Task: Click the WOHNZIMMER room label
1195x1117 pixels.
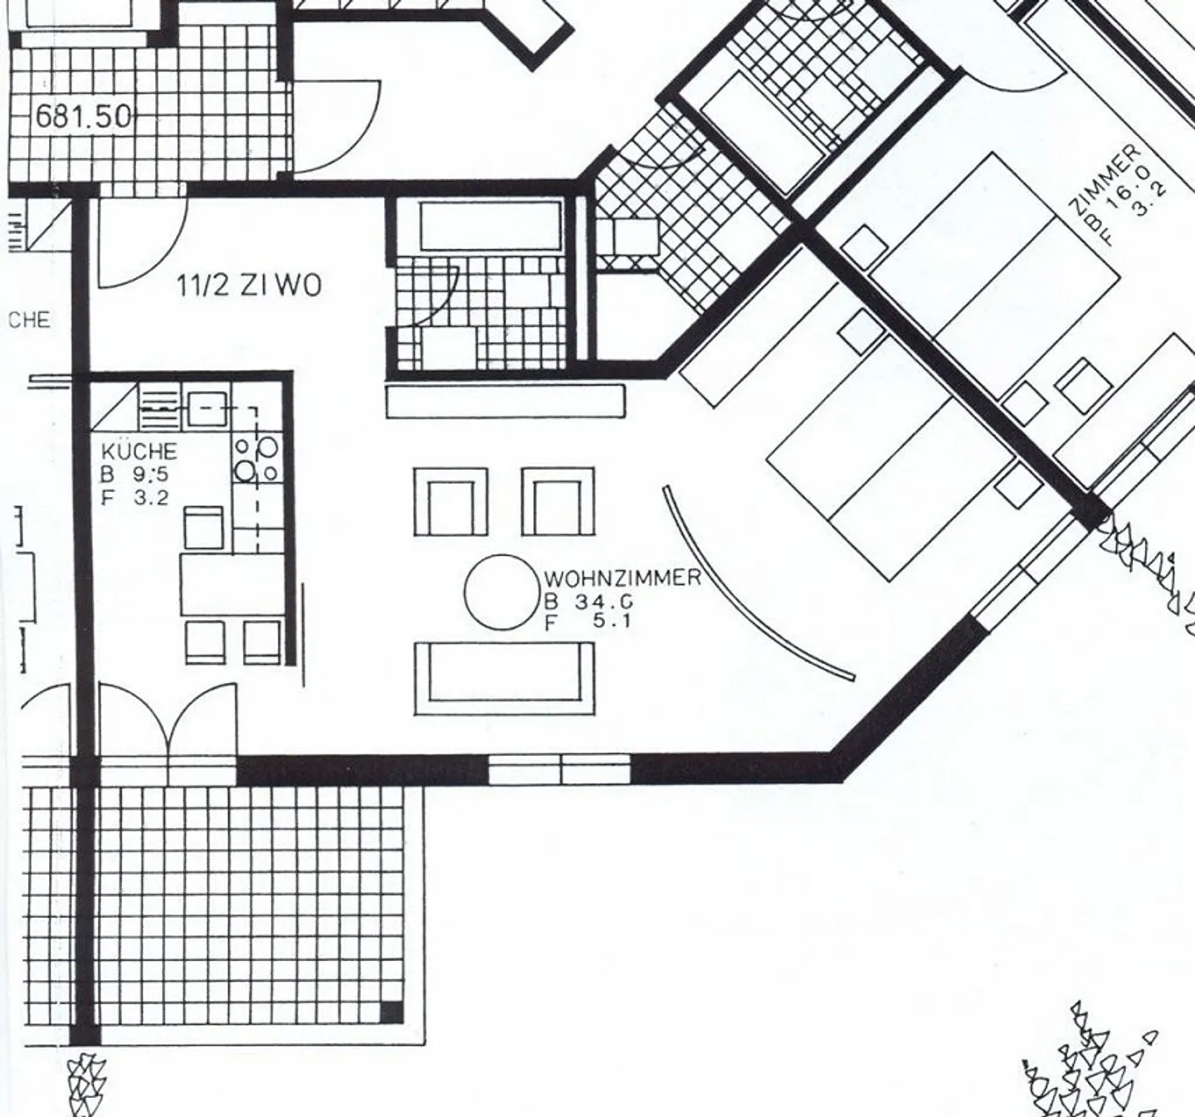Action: pos(622,578)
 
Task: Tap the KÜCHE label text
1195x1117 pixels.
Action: pos(139,451)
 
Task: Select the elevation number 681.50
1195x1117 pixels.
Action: pos(83,116)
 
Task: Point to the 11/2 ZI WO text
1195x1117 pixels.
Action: pos(249,286)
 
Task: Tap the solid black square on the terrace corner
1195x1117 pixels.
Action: pos(391,1012)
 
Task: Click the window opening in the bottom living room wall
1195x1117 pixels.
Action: pos(559,768)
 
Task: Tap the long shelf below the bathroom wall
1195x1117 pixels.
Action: pos(505,401)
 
